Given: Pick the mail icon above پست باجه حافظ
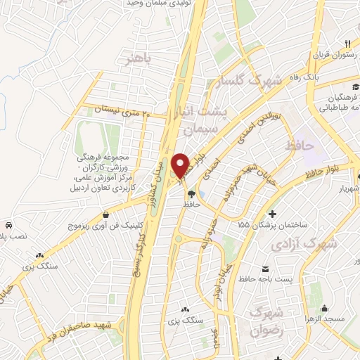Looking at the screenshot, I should [x=266, y=270].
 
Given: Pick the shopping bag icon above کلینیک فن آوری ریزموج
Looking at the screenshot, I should [x=105, y=214].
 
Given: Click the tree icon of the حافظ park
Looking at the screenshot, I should [x=192, y=195].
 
